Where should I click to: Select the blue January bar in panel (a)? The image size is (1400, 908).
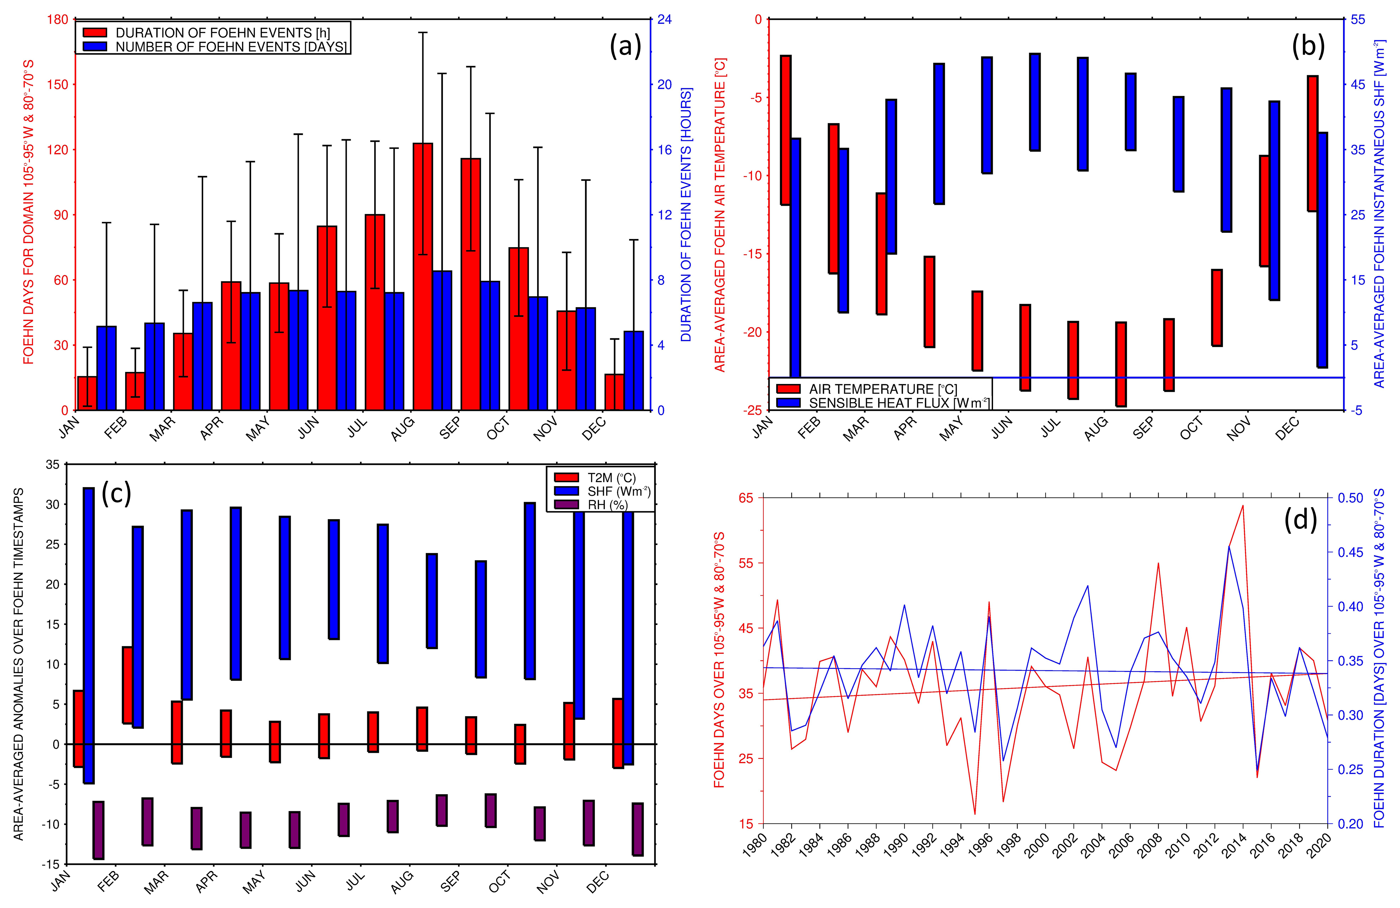click(107, 368)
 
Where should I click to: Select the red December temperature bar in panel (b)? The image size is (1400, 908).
click(1312, 143)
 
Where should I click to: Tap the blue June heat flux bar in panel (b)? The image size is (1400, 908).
click(1035, 102)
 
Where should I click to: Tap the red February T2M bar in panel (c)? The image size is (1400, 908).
click(127, 685)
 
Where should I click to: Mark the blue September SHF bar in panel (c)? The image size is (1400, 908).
click(481, 619)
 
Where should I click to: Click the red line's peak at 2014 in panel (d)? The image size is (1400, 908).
click(1243, 505)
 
